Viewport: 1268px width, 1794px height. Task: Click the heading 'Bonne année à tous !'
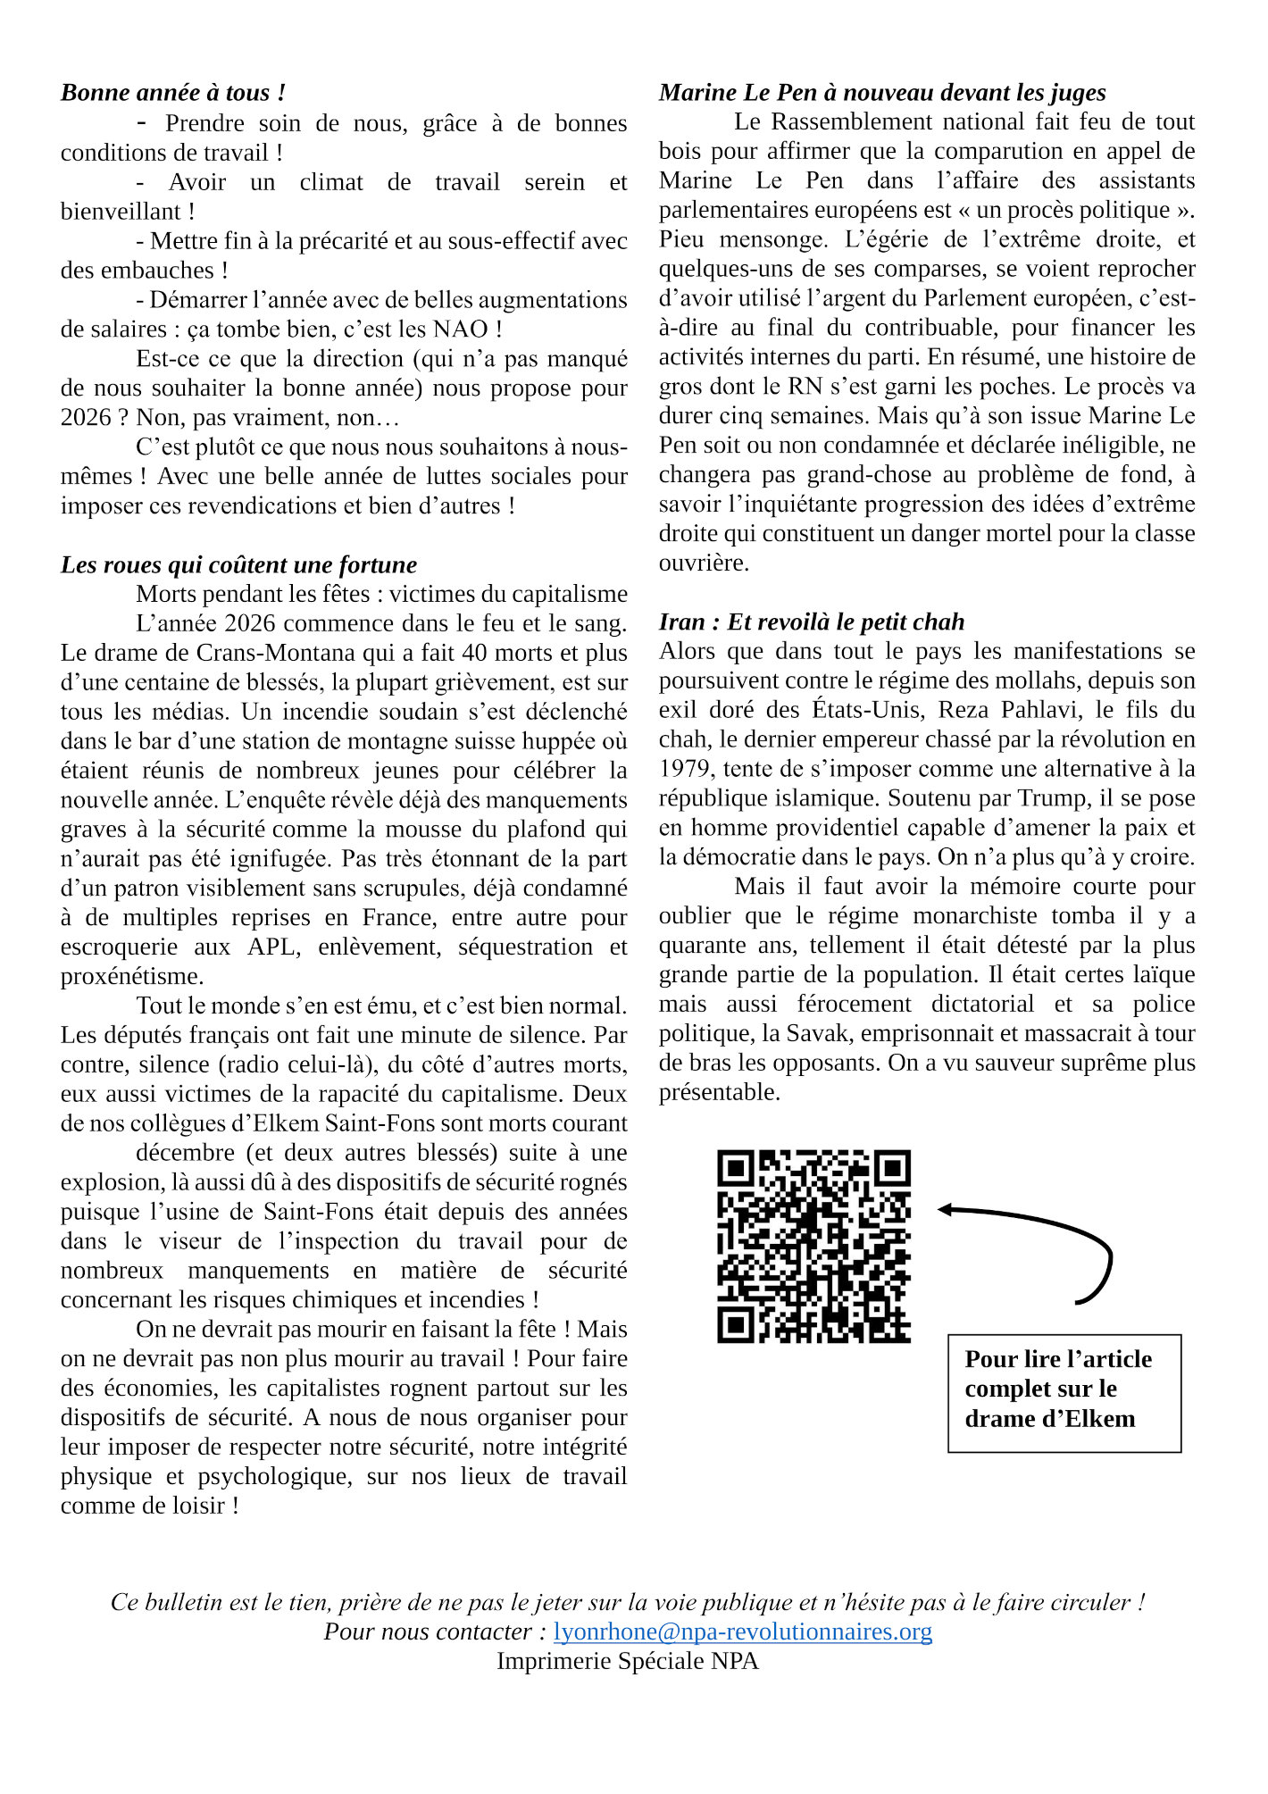click(173, 93)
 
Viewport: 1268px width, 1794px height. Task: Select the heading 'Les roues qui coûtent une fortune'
click(238, 565)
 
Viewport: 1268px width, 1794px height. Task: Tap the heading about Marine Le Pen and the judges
click(882, 93)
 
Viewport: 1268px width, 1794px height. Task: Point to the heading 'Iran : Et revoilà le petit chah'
click(812, 622)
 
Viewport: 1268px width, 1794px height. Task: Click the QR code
click(813, 1246)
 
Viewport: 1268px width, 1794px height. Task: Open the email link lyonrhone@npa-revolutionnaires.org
click(742, 1631)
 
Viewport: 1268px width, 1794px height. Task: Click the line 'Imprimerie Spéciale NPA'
click(627, 1661)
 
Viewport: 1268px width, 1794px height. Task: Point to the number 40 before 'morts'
click(477, 653)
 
